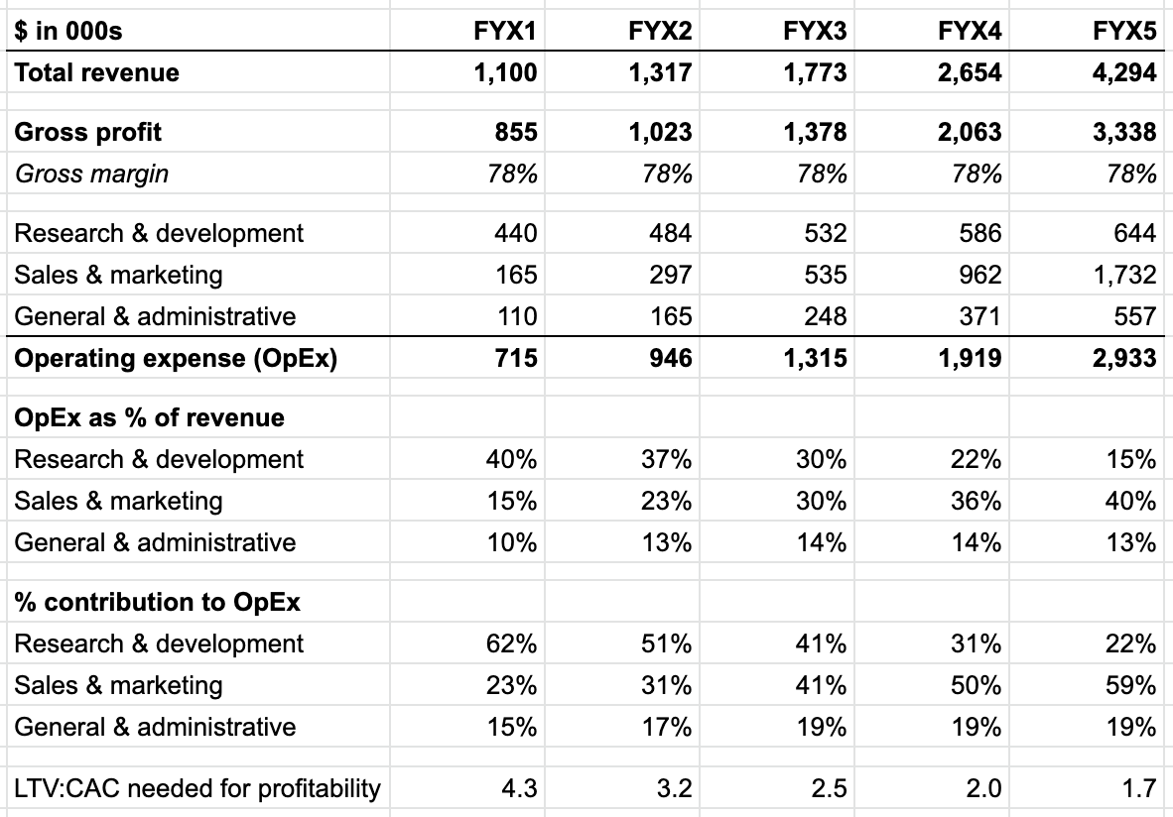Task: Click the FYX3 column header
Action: click(815, 31)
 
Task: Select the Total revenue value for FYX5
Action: click(1123, 72)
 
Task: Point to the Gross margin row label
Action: click(91, 174)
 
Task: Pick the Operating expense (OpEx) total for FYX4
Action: click(970, 358)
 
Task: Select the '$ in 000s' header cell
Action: click(67, 31)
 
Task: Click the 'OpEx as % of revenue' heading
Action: click(149, 417)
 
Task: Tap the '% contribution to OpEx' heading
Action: click(158, 602)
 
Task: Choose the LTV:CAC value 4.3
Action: click(521, 788)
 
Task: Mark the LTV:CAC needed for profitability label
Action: click(197, 788)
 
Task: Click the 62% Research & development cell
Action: click(512, 643)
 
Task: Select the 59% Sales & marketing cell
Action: click(1131, 685)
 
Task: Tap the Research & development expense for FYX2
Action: click(670, 233)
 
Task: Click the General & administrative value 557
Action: click(1134, 316)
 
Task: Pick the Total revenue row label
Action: click(96, 72)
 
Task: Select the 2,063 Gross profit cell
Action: click(970, 132)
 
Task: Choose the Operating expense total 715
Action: click(516, 358)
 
